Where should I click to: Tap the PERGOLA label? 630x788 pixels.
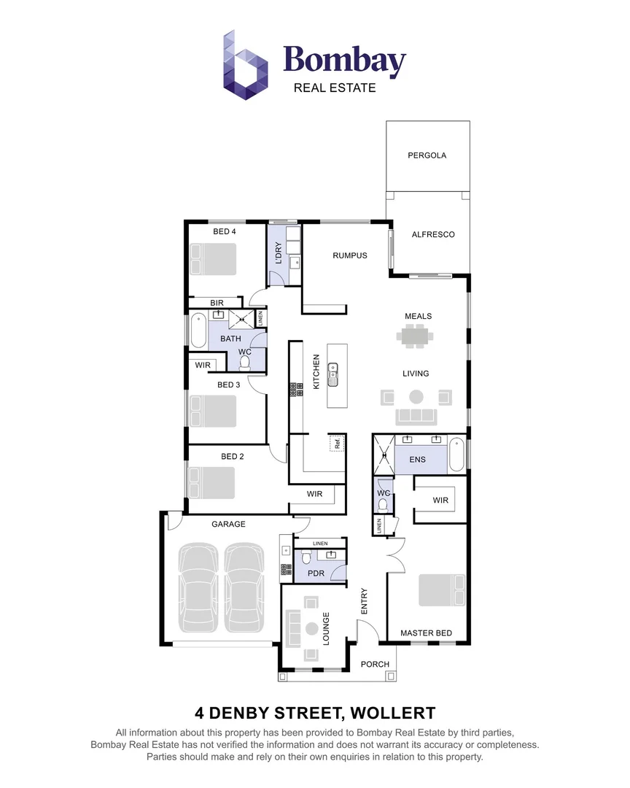click(427, 155)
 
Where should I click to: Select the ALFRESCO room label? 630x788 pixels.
click(433, 234)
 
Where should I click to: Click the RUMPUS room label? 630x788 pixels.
click(349, 255)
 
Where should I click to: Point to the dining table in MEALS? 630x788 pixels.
click(415, 336)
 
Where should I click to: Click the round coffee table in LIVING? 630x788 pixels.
click(416, 397)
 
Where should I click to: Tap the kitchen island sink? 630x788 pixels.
click(334, 374)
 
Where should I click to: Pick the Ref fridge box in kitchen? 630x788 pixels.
click(337, 443)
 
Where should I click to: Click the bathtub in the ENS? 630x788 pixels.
click(456, 454)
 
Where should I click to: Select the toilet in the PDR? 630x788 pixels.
click(306, 558)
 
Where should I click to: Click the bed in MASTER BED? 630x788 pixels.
click(441, 590)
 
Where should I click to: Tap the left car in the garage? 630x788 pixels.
click(198, 587)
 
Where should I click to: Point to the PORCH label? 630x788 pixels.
click(376, 664)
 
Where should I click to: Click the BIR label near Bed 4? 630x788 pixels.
click(217, 302)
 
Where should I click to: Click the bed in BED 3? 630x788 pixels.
click(214, 411)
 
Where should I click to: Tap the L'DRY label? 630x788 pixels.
click(277, 252)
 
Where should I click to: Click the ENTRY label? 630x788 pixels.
click(364, 600)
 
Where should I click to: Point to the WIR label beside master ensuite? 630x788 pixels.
click(440, 500)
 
